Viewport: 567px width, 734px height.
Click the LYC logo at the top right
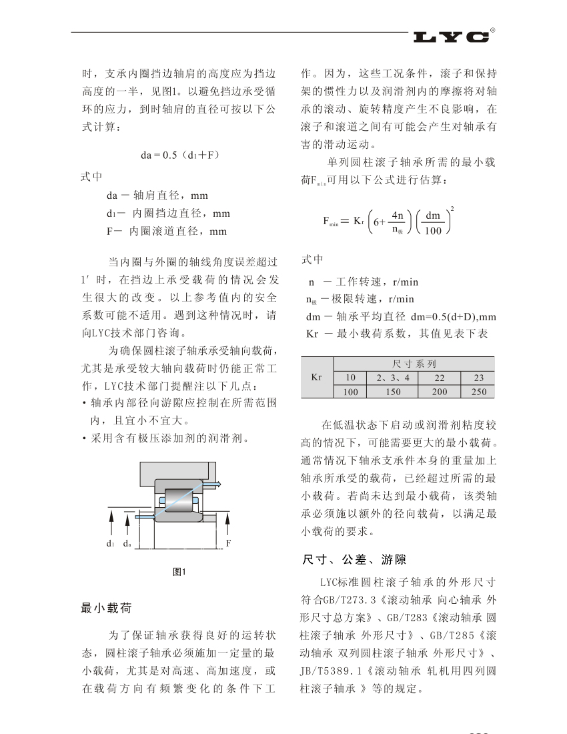click(x=451, y=37)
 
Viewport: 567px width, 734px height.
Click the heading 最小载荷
click(x=106, y=608)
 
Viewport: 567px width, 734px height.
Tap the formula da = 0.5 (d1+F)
click(x=179, y=155)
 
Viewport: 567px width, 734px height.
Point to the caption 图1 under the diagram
click(x=179, y=571)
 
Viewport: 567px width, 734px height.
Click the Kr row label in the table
click(x=317, y=377)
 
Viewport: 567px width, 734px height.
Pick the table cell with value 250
click(x=479, y=392)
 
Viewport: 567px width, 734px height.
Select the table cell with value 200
click(x=440, y=392)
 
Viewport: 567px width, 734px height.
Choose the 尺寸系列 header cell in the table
click(x=414, y=364)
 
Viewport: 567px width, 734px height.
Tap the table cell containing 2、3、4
click(x=397, y=378)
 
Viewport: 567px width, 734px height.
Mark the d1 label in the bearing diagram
click(x=111, y=544)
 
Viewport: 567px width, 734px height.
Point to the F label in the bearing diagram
click(x=228, y=543)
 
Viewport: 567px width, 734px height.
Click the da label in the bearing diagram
click(x=126, y=544)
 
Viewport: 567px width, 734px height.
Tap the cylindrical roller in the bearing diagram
click(x=178, y=500)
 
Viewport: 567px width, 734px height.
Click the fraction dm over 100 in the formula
click(x=434, y=223)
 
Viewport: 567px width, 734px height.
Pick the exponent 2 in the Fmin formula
click(x=452, y=208)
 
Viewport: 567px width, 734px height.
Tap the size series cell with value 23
click(x=479, y=378)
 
